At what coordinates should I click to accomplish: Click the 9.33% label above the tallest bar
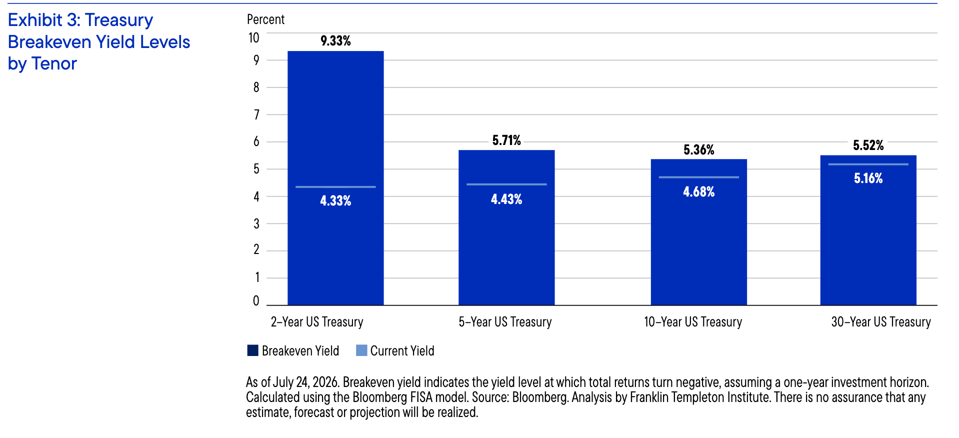click(x=335, y=41)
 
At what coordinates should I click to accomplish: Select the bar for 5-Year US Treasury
click(x=506, y=227)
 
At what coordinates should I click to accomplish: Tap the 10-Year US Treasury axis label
click(x=693, y=322)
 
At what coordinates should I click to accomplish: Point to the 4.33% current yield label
click(x=335, y=201)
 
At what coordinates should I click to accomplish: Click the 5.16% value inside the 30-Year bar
click(x=868, y=178)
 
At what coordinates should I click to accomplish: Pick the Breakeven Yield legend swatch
click(x=252, y=350)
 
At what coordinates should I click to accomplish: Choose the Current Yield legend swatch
click(x=361, y=350)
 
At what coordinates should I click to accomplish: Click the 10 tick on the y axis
click(x=254, y=38)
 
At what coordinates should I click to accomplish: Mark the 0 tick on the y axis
click(x=256, y=301)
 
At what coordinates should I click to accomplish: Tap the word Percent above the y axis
click(x=265, y=19)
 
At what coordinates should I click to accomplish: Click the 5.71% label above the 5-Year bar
click(x=506, y=140)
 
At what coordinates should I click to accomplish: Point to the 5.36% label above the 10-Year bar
click(x=699, y=150)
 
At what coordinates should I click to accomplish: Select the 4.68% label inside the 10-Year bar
click(x=699, y=192)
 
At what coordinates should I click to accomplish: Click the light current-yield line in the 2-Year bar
click(x=335, y=187)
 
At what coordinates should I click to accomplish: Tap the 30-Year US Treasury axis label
click(x=881, y=322)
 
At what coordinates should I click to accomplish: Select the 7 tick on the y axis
click(x=256, y=115)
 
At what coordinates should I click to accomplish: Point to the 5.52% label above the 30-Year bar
click(x=868, y=145)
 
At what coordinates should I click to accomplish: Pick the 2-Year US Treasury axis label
click(x=317, y=322)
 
